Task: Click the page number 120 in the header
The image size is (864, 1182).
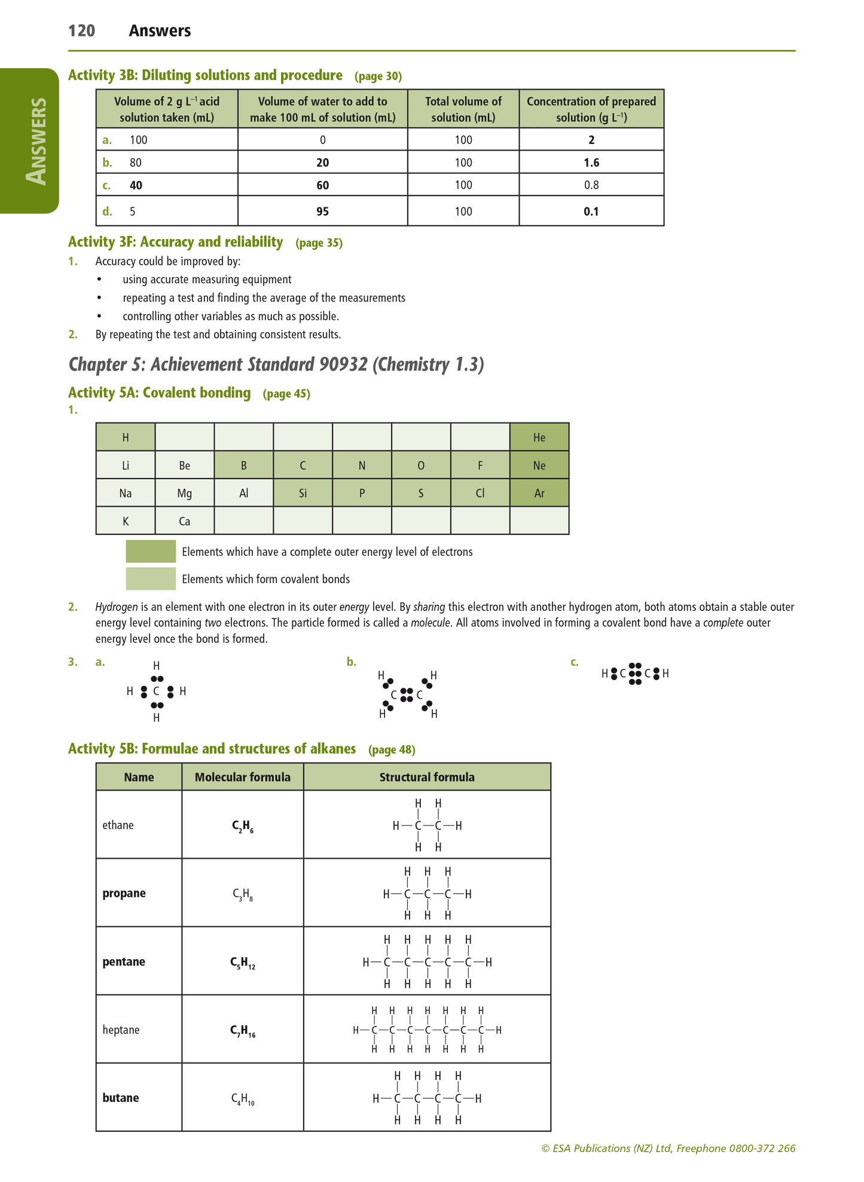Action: tap(81, 31)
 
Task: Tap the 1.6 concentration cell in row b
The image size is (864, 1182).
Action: tap(591, 163)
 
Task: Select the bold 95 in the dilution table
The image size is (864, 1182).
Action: tap(322, 212)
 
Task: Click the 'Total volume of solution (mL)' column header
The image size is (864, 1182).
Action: tap(463, 109)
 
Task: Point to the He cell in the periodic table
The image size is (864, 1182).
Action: tap(539, 437)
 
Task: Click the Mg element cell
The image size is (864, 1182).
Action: tap(184, 494)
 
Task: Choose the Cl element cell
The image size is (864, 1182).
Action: tap(480, 494)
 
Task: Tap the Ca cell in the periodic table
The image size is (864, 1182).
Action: tap(184, 521)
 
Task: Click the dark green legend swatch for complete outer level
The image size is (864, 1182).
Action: tap(151, 552)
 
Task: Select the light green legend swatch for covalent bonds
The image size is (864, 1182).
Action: tap(151, 578)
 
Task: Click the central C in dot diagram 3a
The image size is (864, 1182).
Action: tap(156, 692)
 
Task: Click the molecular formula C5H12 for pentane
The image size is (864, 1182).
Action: tap(242, 963)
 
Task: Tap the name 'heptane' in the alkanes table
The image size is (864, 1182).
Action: tap(121, 1030)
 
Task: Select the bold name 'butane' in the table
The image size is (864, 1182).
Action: tap(121, 1098)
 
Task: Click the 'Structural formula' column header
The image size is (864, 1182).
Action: tap(427, 777)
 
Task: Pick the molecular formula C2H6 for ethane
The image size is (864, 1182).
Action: tap(242, 826)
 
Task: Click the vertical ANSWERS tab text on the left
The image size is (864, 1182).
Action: tap(37, 141)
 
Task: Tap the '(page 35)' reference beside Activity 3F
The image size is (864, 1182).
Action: tap(319, 243)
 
